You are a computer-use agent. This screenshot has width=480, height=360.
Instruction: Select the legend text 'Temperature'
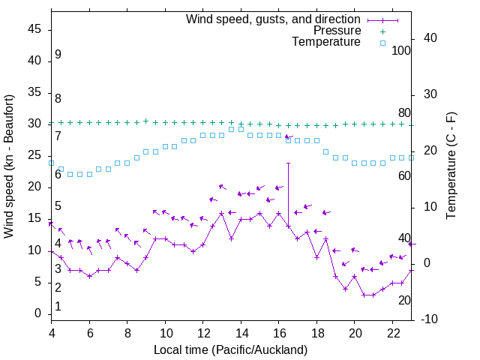point(326,43)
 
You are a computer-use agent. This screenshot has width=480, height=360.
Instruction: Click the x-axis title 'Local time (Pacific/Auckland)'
point(230,349)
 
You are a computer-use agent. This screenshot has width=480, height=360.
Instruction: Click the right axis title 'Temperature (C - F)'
point(451,166)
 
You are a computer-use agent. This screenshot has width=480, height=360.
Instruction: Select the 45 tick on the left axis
point(35,29)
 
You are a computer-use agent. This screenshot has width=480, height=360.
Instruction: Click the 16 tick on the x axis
point(279,332)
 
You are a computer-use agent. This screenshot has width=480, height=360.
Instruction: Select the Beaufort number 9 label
point(58,55)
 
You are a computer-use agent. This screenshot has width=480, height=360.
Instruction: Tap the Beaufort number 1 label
point(58,307)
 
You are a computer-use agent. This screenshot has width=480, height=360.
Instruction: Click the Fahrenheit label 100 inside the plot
point(401,51)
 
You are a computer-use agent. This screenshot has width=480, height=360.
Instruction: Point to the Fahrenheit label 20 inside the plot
point(404,301)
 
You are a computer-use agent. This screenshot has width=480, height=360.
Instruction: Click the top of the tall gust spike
point(289,163)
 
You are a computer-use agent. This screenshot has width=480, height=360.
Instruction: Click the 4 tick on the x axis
point(52,332)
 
